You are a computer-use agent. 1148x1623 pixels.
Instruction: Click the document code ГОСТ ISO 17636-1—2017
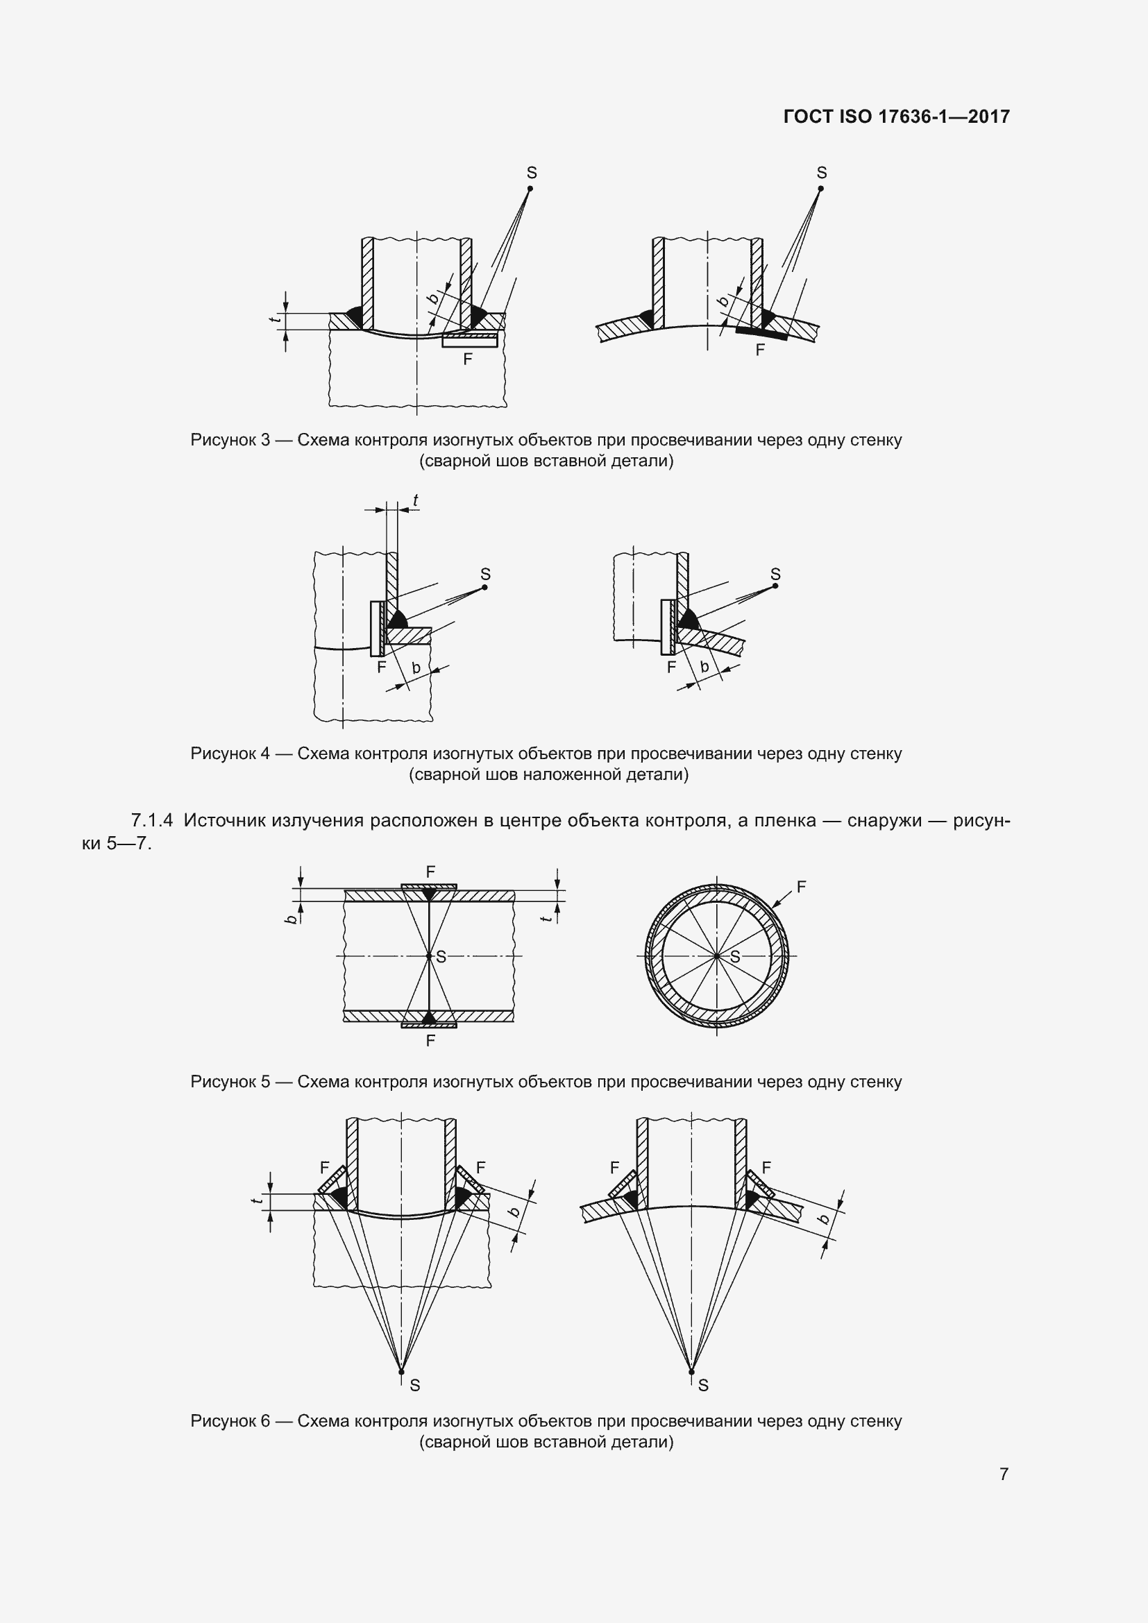tap(896, 117)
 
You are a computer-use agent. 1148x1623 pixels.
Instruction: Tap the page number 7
tap(1003, 1474)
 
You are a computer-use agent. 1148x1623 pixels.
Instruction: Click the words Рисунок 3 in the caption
tap(230, 441)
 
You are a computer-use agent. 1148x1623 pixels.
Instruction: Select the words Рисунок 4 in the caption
tap(230, 754)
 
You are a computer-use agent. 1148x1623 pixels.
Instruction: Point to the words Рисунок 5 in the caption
tap(230, 1082)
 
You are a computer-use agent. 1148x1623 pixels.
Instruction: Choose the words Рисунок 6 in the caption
tap(230, 1421)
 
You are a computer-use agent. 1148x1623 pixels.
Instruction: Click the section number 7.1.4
tap(151, 821)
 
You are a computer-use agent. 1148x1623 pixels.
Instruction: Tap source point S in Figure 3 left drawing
tap(531, 188)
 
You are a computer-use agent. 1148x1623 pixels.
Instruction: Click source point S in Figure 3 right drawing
tap(820, 188)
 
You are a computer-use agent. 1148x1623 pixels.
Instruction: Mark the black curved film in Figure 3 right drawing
tap(761, 334)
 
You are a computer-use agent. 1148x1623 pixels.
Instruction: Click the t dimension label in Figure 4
tap(416, 500)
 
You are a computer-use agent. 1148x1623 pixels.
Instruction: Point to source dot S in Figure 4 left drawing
tap(485, 587)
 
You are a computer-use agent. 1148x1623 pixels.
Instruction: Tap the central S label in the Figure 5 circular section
tap(734, 957)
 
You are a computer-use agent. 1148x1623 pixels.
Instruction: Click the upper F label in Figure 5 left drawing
tap(430, 872)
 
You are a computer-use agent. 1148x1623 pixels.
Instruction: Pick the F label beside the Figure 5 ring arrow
tap(801, 886)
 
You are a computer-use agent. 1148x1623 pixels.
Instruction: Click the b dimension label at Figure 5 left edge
tap(291, 919)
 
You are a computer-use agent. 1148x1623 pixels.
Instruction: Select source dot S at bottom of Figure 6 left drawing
tap(401, 1372)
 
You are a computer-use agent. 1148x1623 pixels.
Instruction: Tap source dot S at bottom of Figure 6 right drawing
tap(692, 1372)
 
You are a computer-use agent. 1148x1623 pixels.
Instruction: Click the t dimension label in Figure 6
tap(258, 1201)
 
